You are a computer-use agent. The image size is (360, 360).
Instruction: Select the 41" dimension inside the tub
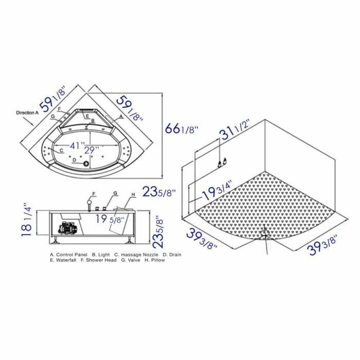[77, 146]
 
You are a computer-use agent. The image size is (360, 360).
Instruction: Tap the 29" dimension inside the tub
[92, 151]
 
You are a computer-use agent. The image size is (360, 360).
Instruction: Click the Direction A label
[27, 112]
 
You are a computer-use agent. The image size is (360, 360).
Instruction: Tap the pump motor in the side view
[70, 226]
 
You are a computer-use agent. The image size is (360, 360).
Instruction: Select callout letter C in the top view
[61, 150]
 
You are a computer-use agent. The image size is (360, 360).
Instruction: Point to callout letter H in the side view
[133, 194]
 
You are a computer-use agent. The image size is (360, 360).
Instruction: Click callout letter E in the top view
[88, 117]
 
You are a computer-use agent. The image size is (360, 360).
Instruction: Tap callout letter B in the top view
[93, 121]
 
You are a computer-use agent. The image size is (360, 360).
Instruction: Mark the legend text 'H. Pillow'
[155, 260]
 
